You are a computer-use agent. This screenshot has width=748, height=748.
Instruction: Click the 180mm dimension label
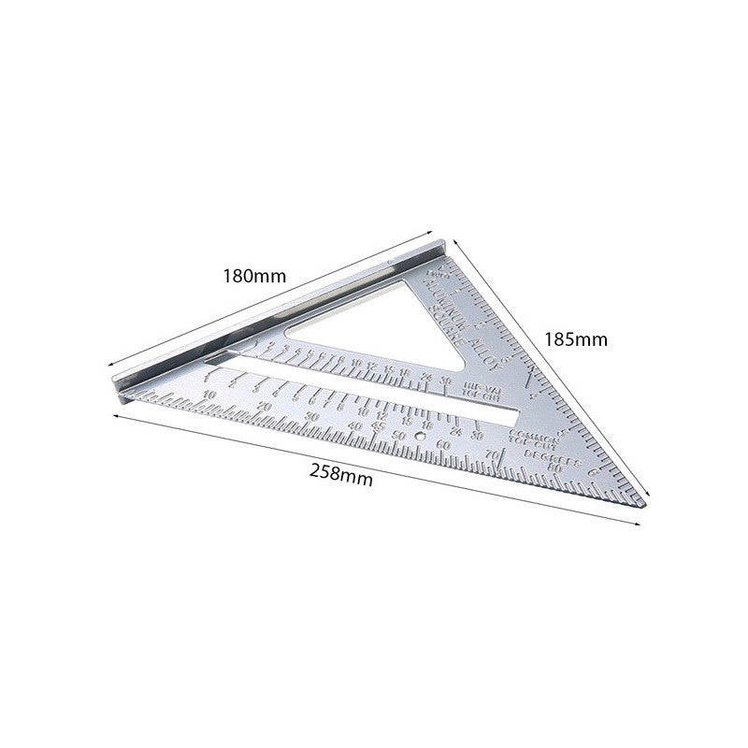253,277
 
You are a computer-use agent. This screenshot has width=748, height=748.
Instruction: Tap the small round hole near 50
420,436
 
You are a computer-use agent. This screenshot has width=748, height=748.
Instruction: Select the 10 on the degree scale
208,396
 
